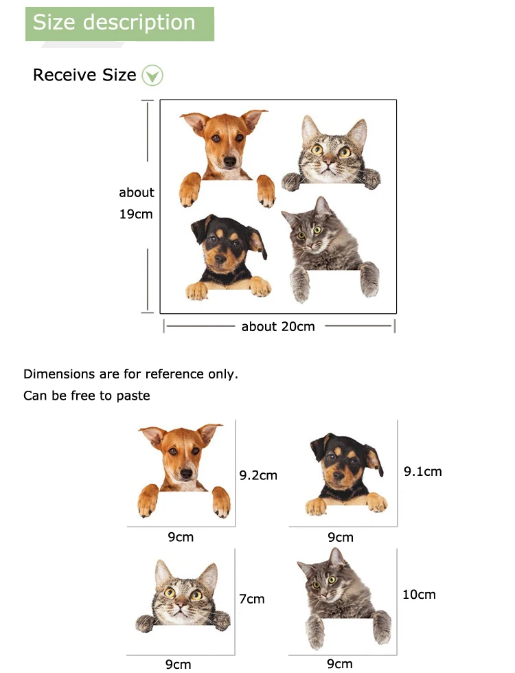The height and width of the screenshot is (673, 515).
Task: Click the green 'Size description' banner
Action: (x=119, y=23)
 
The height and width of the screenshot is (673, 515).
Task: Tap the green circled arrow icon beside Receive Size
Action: (x=152, y=75)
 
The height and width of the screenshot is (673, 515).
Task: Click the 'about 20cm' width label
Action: (x=278, y=326)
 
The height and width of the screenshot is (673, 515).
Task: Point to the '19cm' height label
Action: (x=136, y=214)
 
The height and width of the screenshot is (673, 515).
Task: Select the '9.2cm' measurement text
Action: (x=258, y=475)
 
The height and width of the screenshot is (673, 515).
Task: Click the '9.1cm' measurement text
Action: (x=422, y=471)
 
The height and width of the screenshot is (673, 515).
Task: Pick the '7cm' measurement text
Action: (x=252, y=599)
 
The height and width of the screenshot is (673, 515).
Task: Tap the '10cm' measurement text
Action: (x=419, y=594)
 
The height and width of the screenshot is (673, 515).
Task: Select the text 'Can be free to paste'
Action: (x=87, y=396)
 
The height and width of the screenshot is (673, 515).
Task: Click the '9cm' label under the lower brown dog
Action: (x=181, y=537)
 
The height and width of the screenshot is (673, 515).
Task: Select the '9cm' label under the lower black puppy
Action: (x=340, y=537)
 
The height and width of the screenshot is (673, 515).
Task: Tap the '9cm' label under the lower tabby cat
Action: (x=178, y=663)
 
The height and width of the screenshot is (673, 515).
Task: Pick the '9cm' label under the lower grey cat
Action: (x=340, y=663)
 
